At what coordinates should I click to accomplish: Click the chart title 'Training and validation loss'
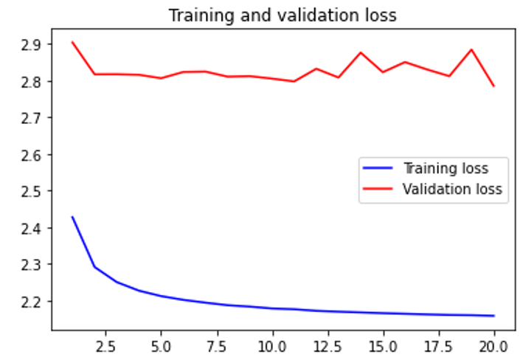282,15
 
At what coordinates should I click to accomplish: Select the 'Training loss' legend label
445,168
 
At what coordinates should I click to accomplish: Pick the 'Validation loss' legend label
451,189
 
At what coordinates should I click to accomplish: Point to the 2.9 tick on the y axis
32,44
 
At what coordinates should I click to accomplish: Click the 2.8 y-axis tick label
32,81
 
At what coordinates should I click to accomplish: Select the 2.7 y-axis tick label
32,118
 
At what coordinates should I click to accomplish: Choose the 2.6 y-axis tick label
32,155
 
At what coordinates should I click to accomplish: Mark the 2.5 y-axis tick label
32,191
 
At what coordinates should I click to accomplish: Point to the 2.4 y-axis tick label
32,228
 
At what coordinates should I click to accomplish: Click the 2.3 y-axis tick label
32,264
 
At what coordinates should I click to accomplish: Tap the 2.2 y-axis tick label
32,301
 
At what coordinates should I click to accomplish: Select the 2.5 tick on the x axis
105,345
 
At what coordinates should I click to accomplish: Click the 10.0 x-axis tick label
272,345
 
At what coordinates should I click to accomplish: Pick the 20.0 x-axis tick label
493,345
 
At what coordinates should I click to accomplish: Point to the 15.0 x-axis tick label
383,345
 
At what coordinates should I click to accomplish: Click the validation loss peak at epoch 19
471,49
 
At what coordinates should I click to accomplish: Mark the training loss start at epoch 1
72,216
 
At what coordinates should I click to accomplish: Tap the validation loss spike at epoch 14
361,52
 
